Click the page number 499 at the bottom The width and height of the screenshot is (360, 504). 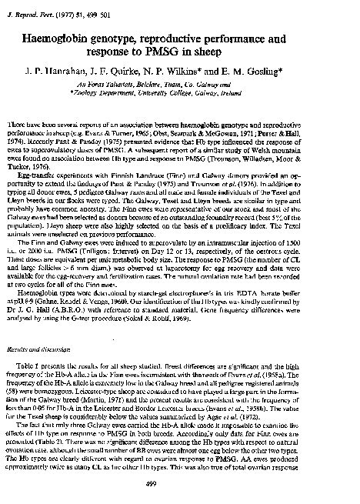[x=182, y=482]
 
